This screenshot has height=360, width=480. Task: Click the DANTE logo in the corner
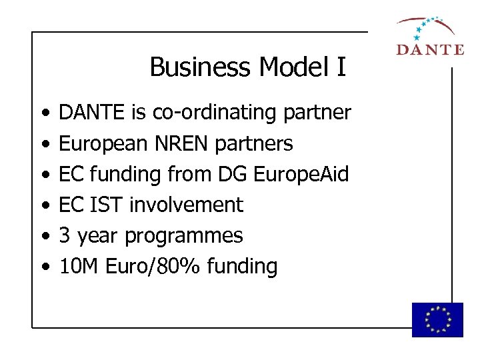[429, 37]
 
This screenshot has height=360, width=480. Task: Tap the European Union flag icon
[437, 319]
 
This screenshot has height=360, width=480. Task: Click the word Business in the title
[201, 67]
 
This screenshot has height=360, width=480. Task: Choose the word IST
[106, 205]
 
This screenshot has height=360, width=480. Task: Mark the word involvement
[186, 205]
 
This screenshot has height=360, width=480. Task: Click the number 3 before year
[65, 235]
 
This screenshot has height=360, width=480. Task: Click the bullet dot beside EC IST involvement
[44, 205]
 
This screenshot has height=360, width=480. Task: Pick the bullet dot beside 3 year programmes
[44, 236]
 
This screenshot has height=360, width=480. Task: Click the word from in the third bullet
[189, 175]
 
